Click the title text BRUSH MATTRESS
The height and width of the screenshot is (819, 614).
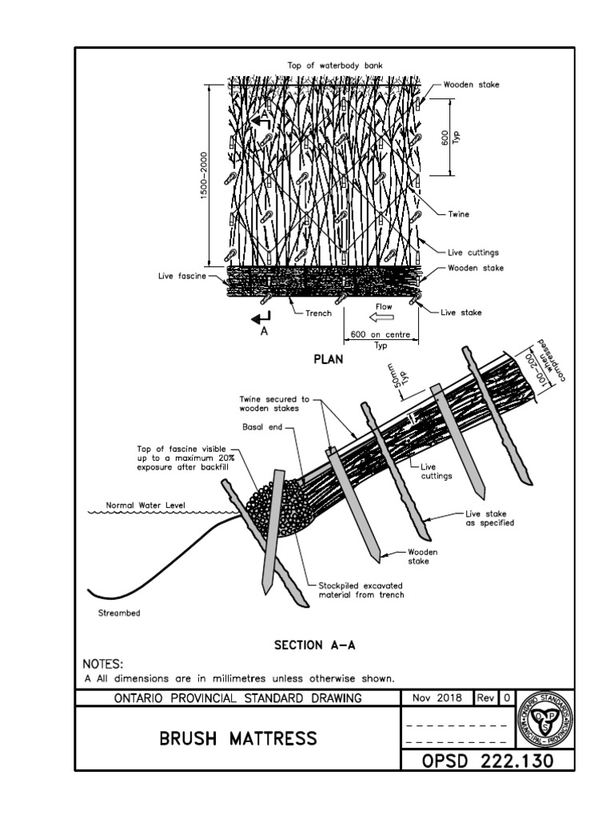coord(237,737)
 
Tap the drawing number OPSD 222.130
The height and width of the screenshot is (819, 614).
coord(488,761)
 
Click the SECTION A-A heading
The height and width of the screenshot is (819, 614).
coord(311,645)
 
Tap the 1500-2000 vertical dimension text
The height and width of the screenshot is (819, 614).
coord(204,178)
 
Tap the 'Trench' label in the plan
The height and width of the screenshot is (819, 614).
coord(318,314)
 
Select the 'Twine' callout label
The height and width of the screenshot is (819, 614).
coord(459,215)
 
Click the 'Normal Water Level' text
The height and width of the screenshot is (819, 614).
coord(145,505)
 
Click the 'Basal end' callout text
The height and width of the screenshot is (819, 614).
coord(258,426)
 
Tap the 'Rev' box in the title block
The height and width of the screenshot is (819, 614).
coord(486,698)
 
